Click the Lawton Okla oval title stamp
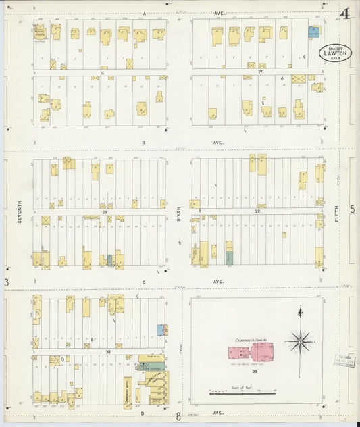tap(335, 52)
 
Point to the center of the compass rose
tap(300, 341)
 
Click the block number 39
tap(255, 372)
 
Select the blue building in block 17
tap(314, 31)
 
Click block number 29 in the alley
tap(105, 212)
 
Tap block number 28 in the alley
tap(257, 212)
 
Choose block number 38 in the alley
tap(107, 352)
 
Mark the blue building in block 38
tap(161, 329)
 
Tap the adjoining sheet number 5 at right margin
tap(351, 210)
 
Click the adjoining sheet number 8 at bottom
tap(178, 417)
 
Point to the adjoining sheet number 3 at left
tap(7, 282)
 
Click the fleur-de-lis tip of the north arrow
tap(300, 310)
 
